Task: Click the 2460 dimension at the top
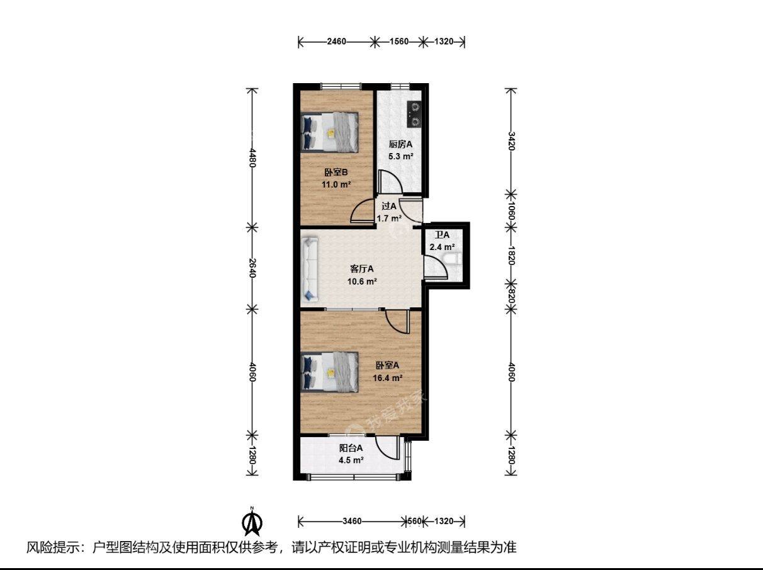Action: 336,42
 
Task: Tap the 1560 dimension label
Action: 398,42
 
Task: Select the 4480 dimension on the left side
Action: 252,158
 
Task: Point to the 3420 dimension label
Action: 511,141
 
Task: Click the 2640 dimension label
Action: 252,268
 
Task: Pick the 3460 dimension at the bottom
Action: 352,522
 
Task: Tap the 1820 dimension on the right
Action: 511,255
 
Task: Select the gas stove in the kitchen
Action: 414,114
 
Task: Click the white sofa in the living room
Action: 310,269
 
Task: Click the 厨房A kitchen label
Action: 400,144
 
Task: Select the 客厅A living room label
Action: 362,269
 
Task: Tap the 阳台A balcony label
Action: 351,448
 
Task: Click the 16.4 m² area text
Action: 388,378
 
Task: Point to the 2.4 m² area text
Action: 442,247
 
